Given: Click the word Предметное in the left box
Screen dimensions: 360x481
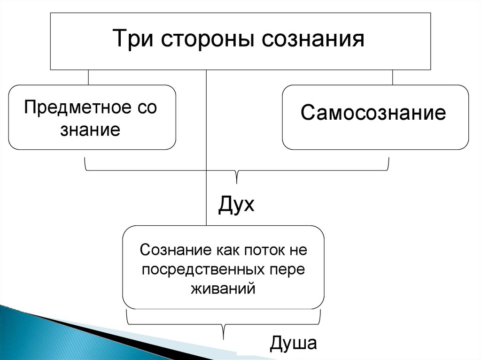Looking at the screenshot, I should coord(75,107).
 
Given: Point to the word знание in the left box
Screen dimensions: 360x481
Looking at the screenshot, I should coord(90,130).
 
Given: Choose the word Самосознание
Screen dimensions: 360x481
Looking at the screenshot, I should coord(373,113).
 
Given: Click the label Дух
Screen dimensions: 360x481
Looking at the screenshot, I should coord(236,205).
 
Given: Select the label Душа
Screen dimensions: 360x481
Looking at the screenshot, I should coord(294,343).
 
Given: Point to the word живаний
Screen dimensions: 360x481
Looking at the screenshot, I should coord(223,288).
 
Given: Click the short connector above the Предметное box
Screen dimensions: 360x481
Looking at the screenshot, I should coord(88,77).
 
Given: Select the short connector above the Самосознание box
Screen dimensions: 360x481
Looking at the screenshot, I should coord(392,77).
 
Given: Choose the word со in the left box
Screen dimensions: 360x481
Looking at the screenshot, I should coord(148,107).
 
